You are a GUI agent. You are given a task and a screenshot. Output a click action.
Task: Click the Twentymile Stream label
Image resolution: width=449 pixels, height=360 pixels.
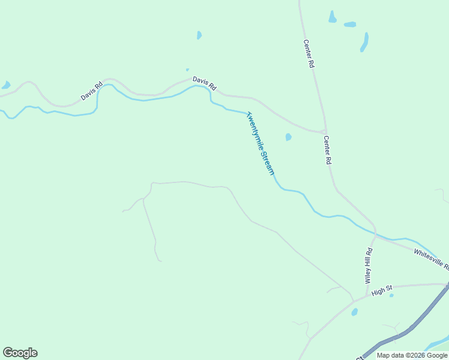[x=261, y=143]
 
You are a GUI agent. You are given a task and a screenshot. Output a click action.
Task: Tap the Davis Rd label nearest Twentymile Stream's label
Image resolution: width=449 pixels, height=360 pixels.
[x=204, y=83]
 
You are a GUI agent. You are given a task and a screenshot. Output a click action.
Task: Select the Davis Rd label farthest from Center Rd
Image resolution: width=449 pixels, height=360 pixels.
[x=92, y=91]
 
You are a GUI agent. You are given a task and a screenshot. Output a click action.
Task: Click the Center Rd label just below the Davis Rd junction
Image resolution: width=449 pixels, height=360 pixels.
[x=328, y=150]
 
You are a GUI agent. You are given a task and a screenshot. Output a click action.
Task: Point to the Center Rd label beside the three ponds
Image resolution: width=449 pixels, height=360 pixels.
[x=309, y=53]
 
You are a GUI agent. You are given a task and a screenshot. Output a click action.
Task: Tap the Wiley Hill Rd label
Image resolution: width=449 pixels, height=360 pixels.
[x=369, y=265]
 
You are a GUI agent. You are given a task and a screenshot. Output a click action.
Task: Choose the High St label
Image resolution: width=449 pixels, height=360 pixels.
[x=381, y=292]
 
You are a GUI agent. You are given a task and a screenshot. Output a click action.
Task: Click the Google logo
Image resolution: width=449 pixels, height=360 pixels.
[x=20, y=353]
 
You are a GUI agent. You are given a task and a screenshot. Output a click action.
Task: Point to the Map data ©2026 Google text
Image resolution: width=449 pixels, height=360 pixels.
[x=411, y=355]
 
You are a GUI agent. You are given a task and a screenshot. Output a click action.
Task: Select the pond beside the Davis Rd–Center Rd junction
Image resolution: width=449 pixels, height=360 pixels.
[x=289, y=137]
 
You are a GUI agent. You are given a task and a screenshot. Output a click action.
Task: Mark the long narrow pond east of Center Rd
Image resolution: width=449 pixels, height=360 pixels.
[x=364, y=42]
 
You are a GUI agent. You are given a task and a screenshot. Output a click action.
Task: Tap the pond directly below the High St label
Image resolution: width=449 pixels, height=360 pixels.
[x=355, y=312]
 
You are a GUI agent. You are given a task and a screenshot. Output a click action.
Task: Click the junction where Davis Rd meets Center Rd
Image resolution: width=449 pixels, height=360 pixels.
[x=323, y=131]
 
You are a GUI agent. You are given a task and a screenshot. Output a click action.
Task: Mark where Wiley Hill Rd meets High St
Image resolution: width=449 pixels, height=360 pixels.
[x=366, y=295]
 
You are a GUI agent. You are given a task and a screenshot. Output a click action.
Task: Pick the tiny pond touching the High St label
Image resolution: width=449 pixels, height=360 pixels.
[x=391, y=295]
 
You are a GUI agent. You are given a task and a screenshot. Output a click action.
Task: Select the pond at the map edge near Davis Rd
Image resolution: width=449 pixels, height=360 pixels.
[x=5, y=85]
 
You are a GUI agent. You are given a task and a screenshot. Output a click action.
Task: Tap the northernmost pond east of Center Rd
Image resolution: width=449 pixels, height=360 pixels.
[x=332, y=17]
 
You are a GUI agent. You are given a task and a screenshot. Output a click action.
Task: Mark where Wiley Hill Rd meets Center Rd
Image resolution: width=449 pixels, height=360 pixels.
[x=375, y=233]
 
